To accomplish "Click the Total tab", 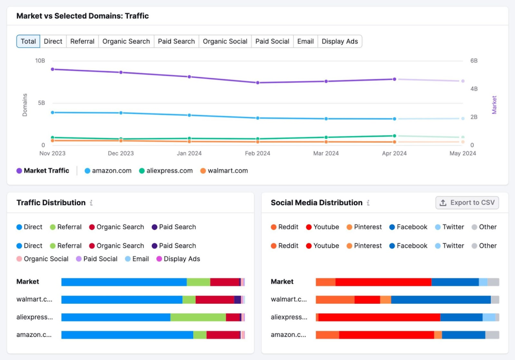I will [x=28, y=41].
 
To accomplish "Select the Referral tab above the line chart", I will [x=82, y=41].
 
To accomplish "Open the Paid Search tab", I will [x=176, y=41].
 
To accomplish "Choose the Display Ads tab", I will [x=339, y=41].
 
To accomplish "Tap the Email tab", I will [x=305, y=41].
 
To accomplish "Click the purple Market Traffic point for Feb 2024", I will [x=257, y=82].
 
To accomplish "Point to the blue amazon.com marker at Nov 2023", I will [x=52, y=113].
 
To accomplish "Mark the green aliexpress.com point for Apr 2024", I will [x=394, y=136].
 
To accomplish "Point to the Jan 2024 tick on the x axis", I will [x=189, y=153].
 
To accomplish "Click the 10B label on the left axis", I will [x=40, y=60].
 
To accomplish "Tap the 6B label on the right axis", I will [x=474, y=60].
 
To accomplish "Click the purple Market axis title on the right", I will [x=494, y=105].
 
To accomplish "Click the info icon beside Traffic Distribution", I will [x=91, y=203].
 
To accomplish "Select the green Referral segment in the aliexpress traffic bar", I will [x=198, y=317].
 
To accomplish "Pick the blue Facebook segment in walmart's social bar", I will [x=441, y=300].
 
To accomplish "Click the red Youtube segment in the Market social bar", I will [x=383, y=282].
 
